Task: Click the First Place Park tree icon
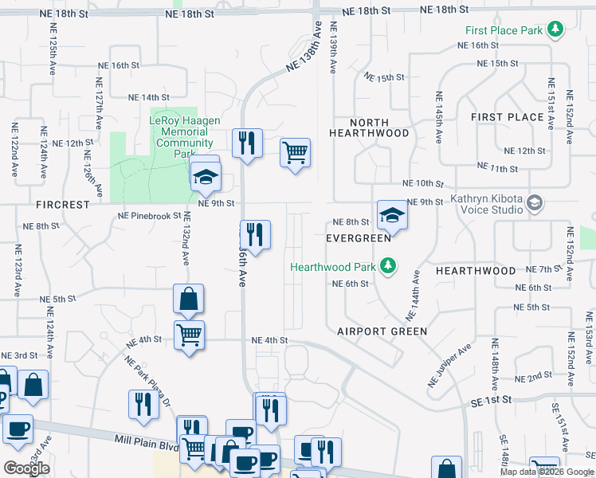point(555,31)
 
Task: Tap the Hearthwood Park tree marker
point(388,265)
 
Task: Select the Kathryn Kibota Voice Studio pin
point(534,203)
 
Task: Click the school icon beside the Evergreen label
point(391,214)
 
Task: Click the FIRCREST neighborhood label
point(62,205)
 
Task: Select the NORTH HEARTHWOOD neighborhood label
point(369,128)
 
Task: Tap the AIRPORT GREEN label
point(382,331)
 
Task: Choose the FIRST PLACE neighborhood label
point(507,117)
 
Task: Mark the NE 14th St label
point(139,97)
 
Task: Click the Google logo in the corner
point(26,468)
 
